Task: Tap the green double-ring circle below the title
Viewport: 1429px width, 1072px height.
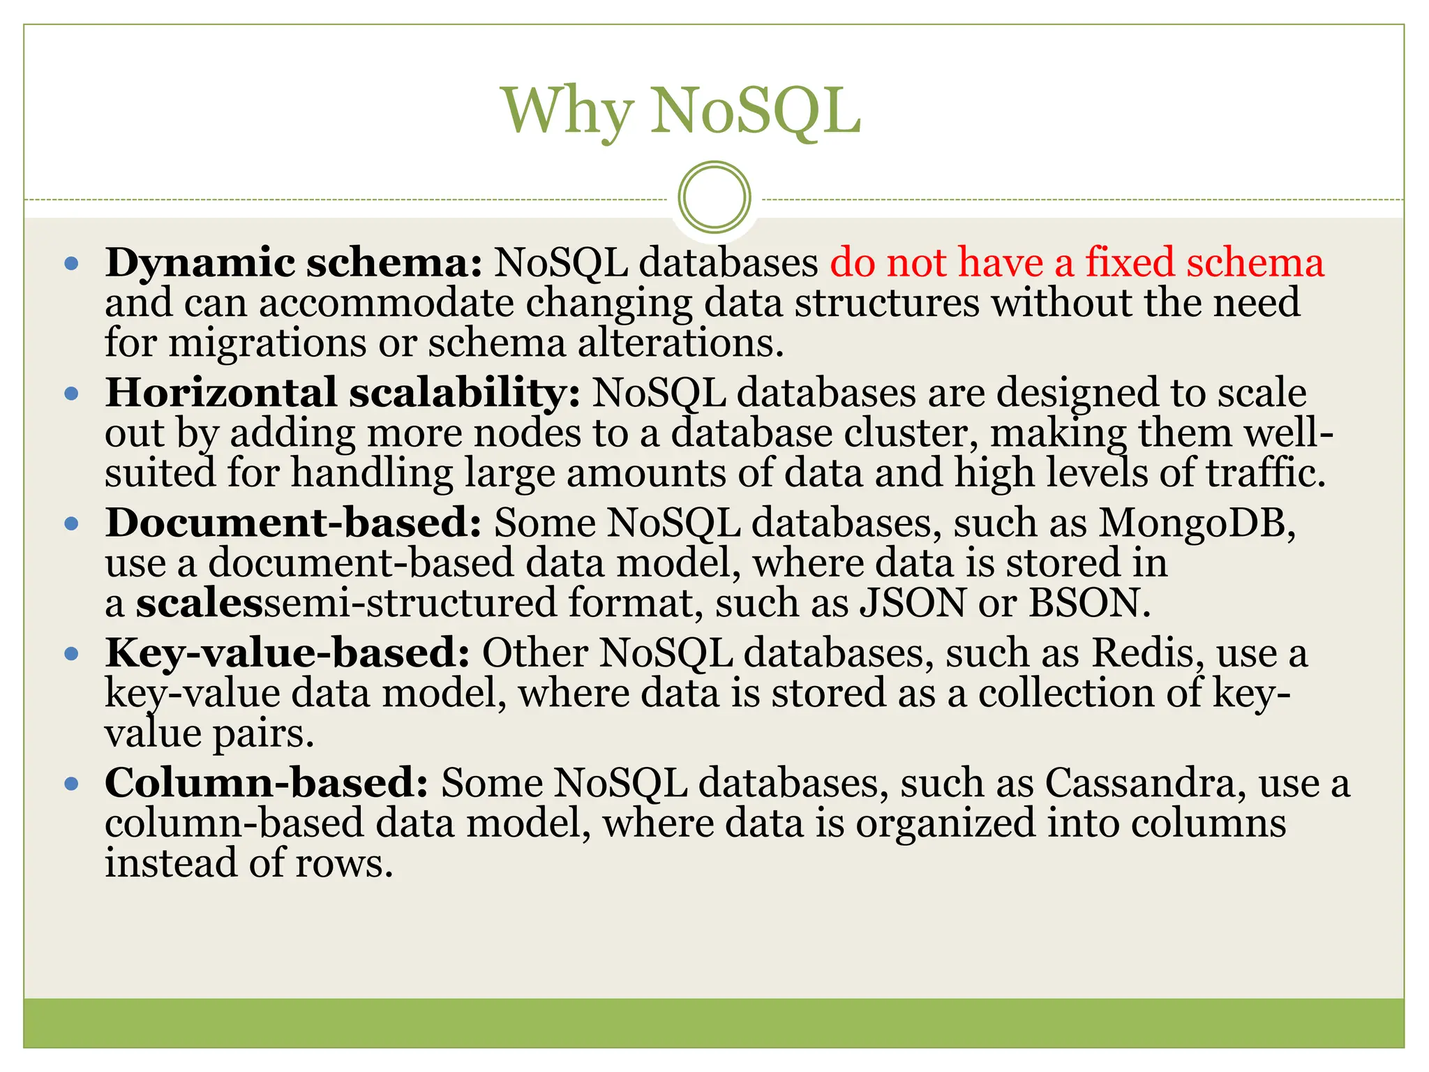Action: [x=714, y=197]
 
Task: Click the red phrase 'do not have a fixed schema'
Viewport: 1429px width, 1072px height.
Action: [x=1077, y=263]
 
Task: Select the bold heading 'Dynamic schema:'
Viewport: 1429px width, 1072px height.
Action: [x=294, y=264]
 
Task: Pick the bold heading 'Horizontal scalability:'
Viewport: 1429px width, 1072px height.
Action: [x=343, y=392]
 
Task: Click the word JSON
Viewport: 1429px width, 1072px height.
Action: [x=913, y=603]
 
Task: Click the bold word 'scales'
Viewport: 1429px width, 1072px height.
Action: [x=200, y=603]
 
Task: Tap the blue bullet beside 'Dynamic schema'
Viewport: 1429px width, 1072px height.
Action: [x=71, y=265]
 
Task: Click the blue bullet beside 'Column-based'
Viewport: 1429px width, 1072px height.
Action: [x=71, y=784]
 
